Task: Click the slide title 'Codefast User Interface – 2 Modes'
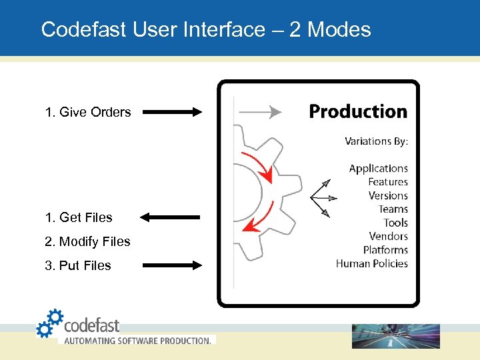[x=205, y=29]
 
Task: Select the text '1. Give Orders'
[x=88, y=112]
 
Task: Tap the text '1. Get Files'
[x=79, y=217]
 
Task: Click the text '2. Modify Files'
[x=87, y=241]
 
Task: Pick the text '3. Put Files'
[x=78, y=265]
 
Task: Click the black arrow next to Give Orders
[x=172, y=112]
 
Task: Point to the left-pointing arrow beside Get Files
[x=171, y=217]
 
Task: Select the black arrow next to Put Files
[x=172, y=265]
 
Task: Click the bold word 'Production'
[x=358, y=111]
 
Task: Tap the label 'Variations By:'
[x=376, y=141]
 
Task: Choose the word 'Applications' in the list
[x=378, y=169]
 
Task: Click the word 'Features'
[x=388, y=182]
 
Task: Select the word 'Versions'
[x=388, y=196]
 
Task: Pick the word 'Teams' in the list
[x=393, y=209]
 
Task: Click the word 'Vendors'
[x=389, y=236]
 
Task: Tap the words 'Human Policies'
[x=372, y=263]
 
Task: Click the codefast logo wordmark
[x=91, y=326]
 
